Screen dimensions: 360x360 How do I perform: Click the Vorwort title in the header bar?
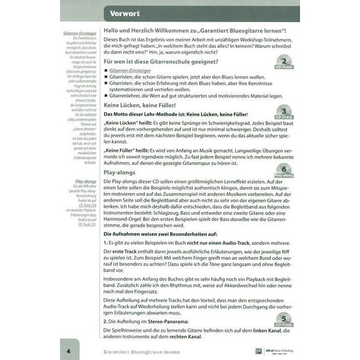[125, 13]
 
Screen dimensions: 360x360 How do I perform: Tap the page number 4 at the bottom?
[70, 351]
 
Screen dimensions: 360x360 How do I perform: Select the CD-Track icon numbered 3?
[286, 112]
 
